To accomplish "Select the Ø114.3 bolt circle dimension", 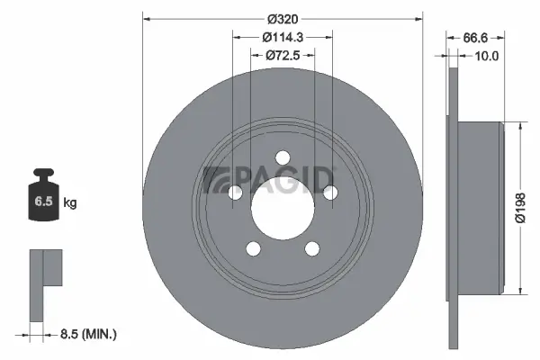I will (x=282, y=37).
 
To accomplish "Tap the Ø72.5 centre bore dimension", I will (x=282, y=56).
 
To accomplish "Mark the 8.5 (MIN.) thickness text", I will (x=87, y=334).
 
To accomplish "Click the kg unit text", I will (x=70, y=203).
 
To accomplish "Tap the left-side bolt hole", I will (x=236, y=192).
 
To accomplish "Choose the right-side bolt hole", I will (x=329, y=192).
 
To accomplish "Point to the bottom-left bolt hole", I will (x=253, y=247).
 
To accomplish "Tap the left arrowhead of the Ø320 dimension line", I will (x=147, y=17).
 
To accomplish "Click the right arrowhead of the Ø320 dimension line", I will (x=418, y=17).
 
